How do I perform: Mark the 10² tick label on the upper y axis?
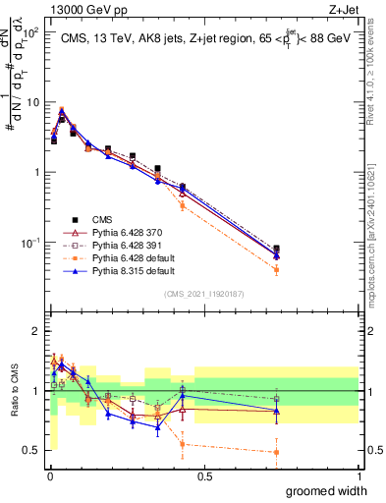pyautogui.click(x=31, y=32)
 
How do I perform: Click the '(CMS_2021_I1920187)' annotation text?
pyautogui.click(x=203, y=294)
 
